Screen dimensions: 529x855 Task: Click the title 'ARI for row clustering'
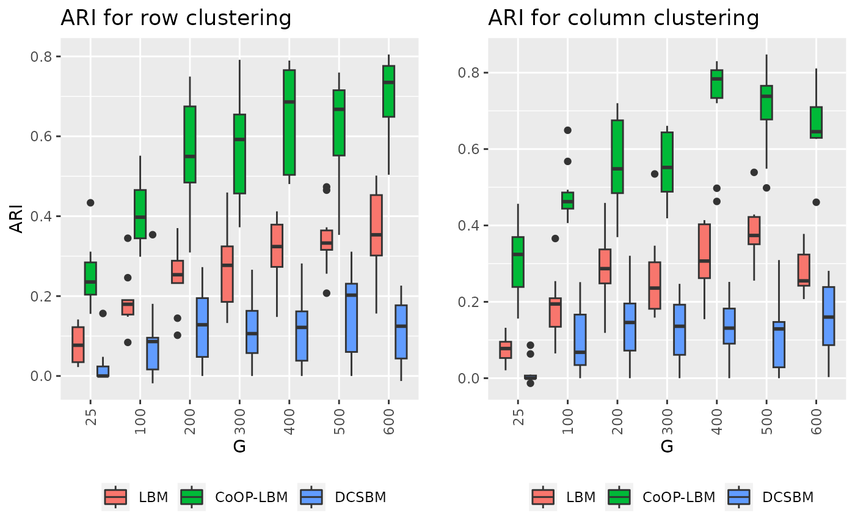coord(176,18)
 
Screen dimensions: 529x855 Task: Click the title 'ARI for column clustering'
coord(624,18)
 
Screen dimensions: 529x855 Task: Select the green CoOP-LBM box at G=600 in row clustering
coord(388,91)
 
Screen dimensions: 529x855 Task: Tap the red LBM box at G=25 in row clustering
coord(78,345)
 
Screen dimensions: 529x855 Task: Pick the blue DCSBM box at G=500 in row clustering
coord(351,317)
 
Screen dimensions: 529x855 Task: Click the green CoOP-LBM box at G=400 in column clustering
coord(716,84)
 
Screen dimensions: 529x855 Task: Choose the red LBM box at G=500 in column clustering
coord(754,231)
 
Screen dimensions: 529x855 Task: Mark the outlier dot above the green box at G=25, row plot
coord(90,202)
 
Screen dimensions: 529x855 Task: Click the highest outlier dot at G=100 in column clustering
coord(567,130)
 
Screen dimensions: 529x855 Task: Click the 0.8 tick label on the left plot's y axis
coord(43,56)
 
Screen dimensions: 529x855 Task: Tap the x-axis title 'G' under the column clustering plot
coord(667,446)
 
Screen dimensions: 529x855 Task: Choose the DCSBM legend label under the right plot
coord(788,497)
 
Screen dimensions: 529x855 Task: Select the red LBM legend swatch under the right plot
coord(543,497)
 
